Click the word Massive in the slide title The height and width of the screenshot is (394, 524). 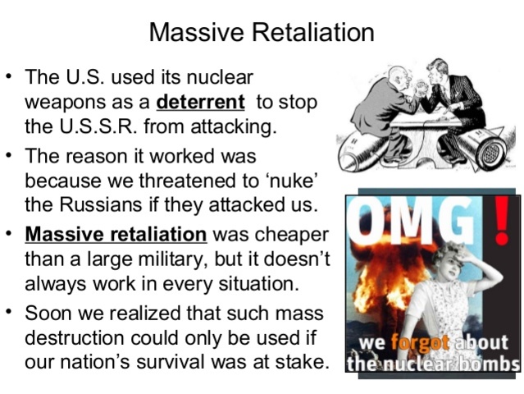[188, 33]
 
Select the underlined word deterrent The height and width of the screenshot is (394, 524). [200, 103]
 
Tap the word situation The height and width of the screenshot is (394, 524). [249, 285]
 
